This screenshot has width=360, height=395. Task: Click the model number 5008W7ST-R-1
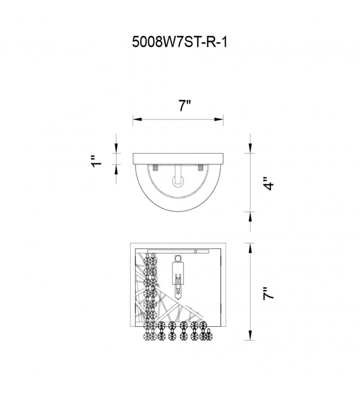point(180,42)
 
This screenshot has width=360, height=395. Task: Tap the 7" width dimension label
point(185,106)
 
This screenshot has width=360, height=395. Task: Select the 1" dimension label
point(97,161)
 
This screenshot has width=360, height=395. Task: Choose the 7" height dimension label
point(268,293)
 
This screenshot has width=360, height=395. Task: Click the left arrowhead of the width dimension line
point(138,119)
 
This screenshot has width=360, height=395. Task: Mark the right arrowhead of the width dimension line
point(218,119)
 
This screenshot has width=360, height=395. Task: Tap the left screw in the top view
point(155,168)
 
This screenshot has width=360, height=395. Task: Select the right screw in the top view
point(201,168)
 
